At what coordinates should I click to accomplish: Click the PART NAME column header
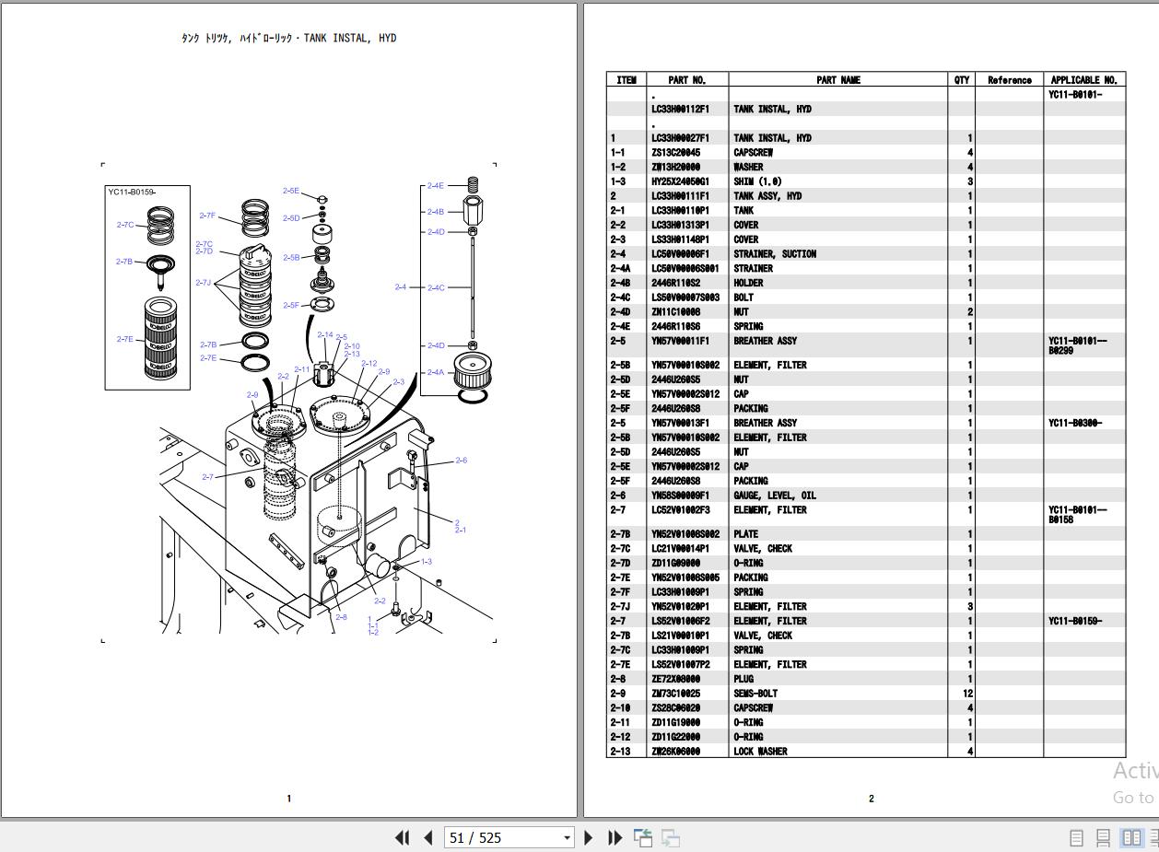[x=837, y=80]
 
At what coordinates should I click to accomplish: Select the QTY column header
[x=961, y=80]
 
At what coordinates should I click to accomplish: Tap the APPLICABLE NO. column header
[x=1083, y=80]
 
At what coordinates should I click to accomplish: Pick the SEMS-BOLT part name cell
[x=755, y=694]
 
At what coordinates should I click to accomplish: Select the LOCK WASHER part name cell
[x=761, y=752]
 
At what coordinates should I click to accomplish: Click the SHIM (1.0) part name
[x=757, y=181]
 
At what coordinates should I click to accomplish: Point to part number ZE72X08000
[x=675, y=679]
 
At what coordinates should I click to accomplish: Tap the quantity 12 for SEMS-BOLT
[x=967, y=694]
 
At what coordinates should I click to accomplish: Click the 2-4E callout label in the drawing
[x=435, y=186]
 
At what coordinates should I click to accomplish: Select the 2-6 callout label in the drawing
[x=461, y=461]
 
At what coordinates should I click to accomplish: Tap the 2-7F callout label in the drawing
[x=207, y=216]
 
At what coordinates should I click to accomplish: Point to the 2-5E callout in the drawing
[x=291, y=192]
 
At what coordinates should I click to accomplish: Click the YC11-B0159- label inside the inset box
[x=133, y=193]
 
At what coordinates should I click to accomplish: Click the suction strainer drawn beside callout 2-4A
[x=473, y=372]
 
